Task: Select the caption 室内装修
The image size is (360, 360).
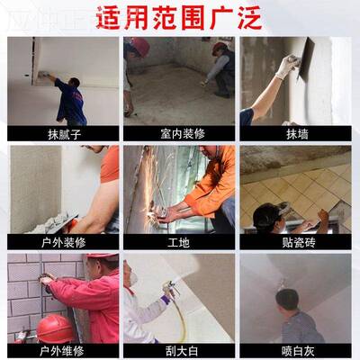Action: coord(179,133)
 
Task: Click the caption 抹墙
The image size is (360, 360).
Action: coord(296,133)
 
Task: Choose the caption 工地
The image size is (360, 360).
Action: coord(179,242)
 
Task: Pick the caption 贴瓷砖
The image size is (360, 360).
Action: coord(296,242)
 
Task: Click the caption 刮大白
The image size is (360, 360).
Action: coord(179,350)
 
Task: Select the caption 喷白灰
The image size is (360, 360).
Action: coord(296,350)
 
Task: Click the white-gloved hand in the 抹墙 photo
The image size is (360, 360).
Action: coord(287,65)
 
